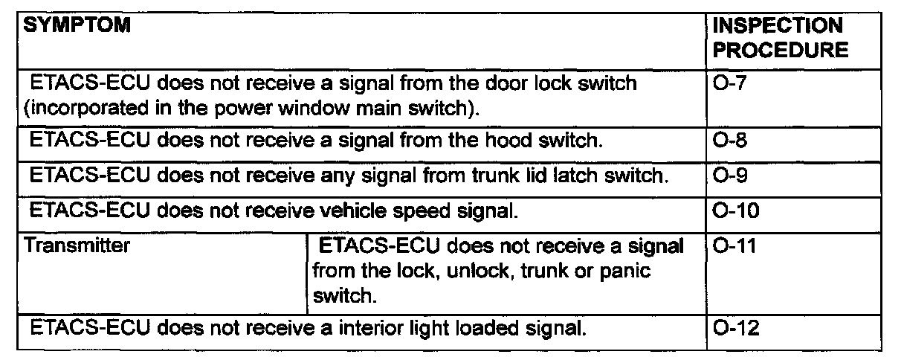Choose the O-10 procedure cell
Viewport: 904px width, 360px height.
(x=734, y=211)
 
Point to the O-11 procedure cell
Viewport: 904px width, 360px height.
(x=734, y=245)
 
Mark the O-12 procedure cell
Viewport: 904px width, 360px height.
(x=734, y=328)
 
